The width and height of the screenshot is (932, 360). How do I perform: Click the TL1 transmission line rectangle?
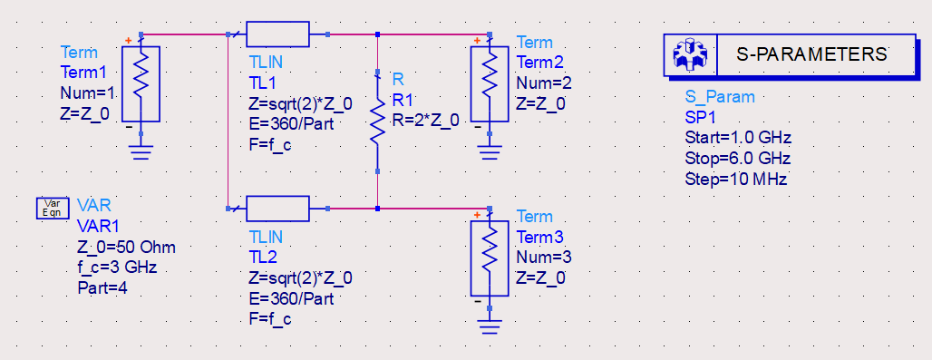[x=277, y=34]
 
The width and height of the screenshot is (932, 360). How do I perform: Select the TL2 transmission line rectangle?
[x=277, y=208]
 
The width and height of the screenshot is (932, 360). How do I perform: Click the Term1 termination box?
[x=141, y=83]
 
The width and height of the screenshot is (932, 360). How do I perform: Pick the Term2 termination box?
[x=490, y=83]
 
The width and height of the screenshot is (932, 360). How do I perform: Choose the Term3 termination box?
[x=490, y=258]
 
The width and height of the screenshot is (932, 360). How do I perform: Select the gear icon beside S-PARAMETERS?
[x=690, y=54]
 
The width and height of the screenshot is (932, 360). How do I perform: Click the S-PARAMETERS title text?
[x=811, y=54]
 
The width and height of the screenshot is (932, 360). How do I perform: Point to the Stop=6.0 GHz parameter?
[x=738, y=159]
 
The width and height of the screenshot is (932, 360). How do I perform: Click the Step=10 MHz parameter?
[x=736, y=179]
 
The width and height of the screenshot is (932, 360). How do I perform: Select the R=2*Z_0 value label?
[x=425, y=120]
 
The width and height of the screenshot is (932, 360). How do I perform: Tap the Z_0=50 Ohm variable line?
[x=126, y=248]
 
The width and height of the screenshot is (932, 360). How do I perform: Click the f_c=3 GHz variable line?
[x=117, y=268]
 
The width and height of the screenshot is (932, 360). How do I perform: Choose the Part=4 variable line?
[x=102, y=288]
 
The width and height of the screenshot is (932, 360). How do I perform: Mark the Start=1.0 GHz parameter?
[x=738, y=139]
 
